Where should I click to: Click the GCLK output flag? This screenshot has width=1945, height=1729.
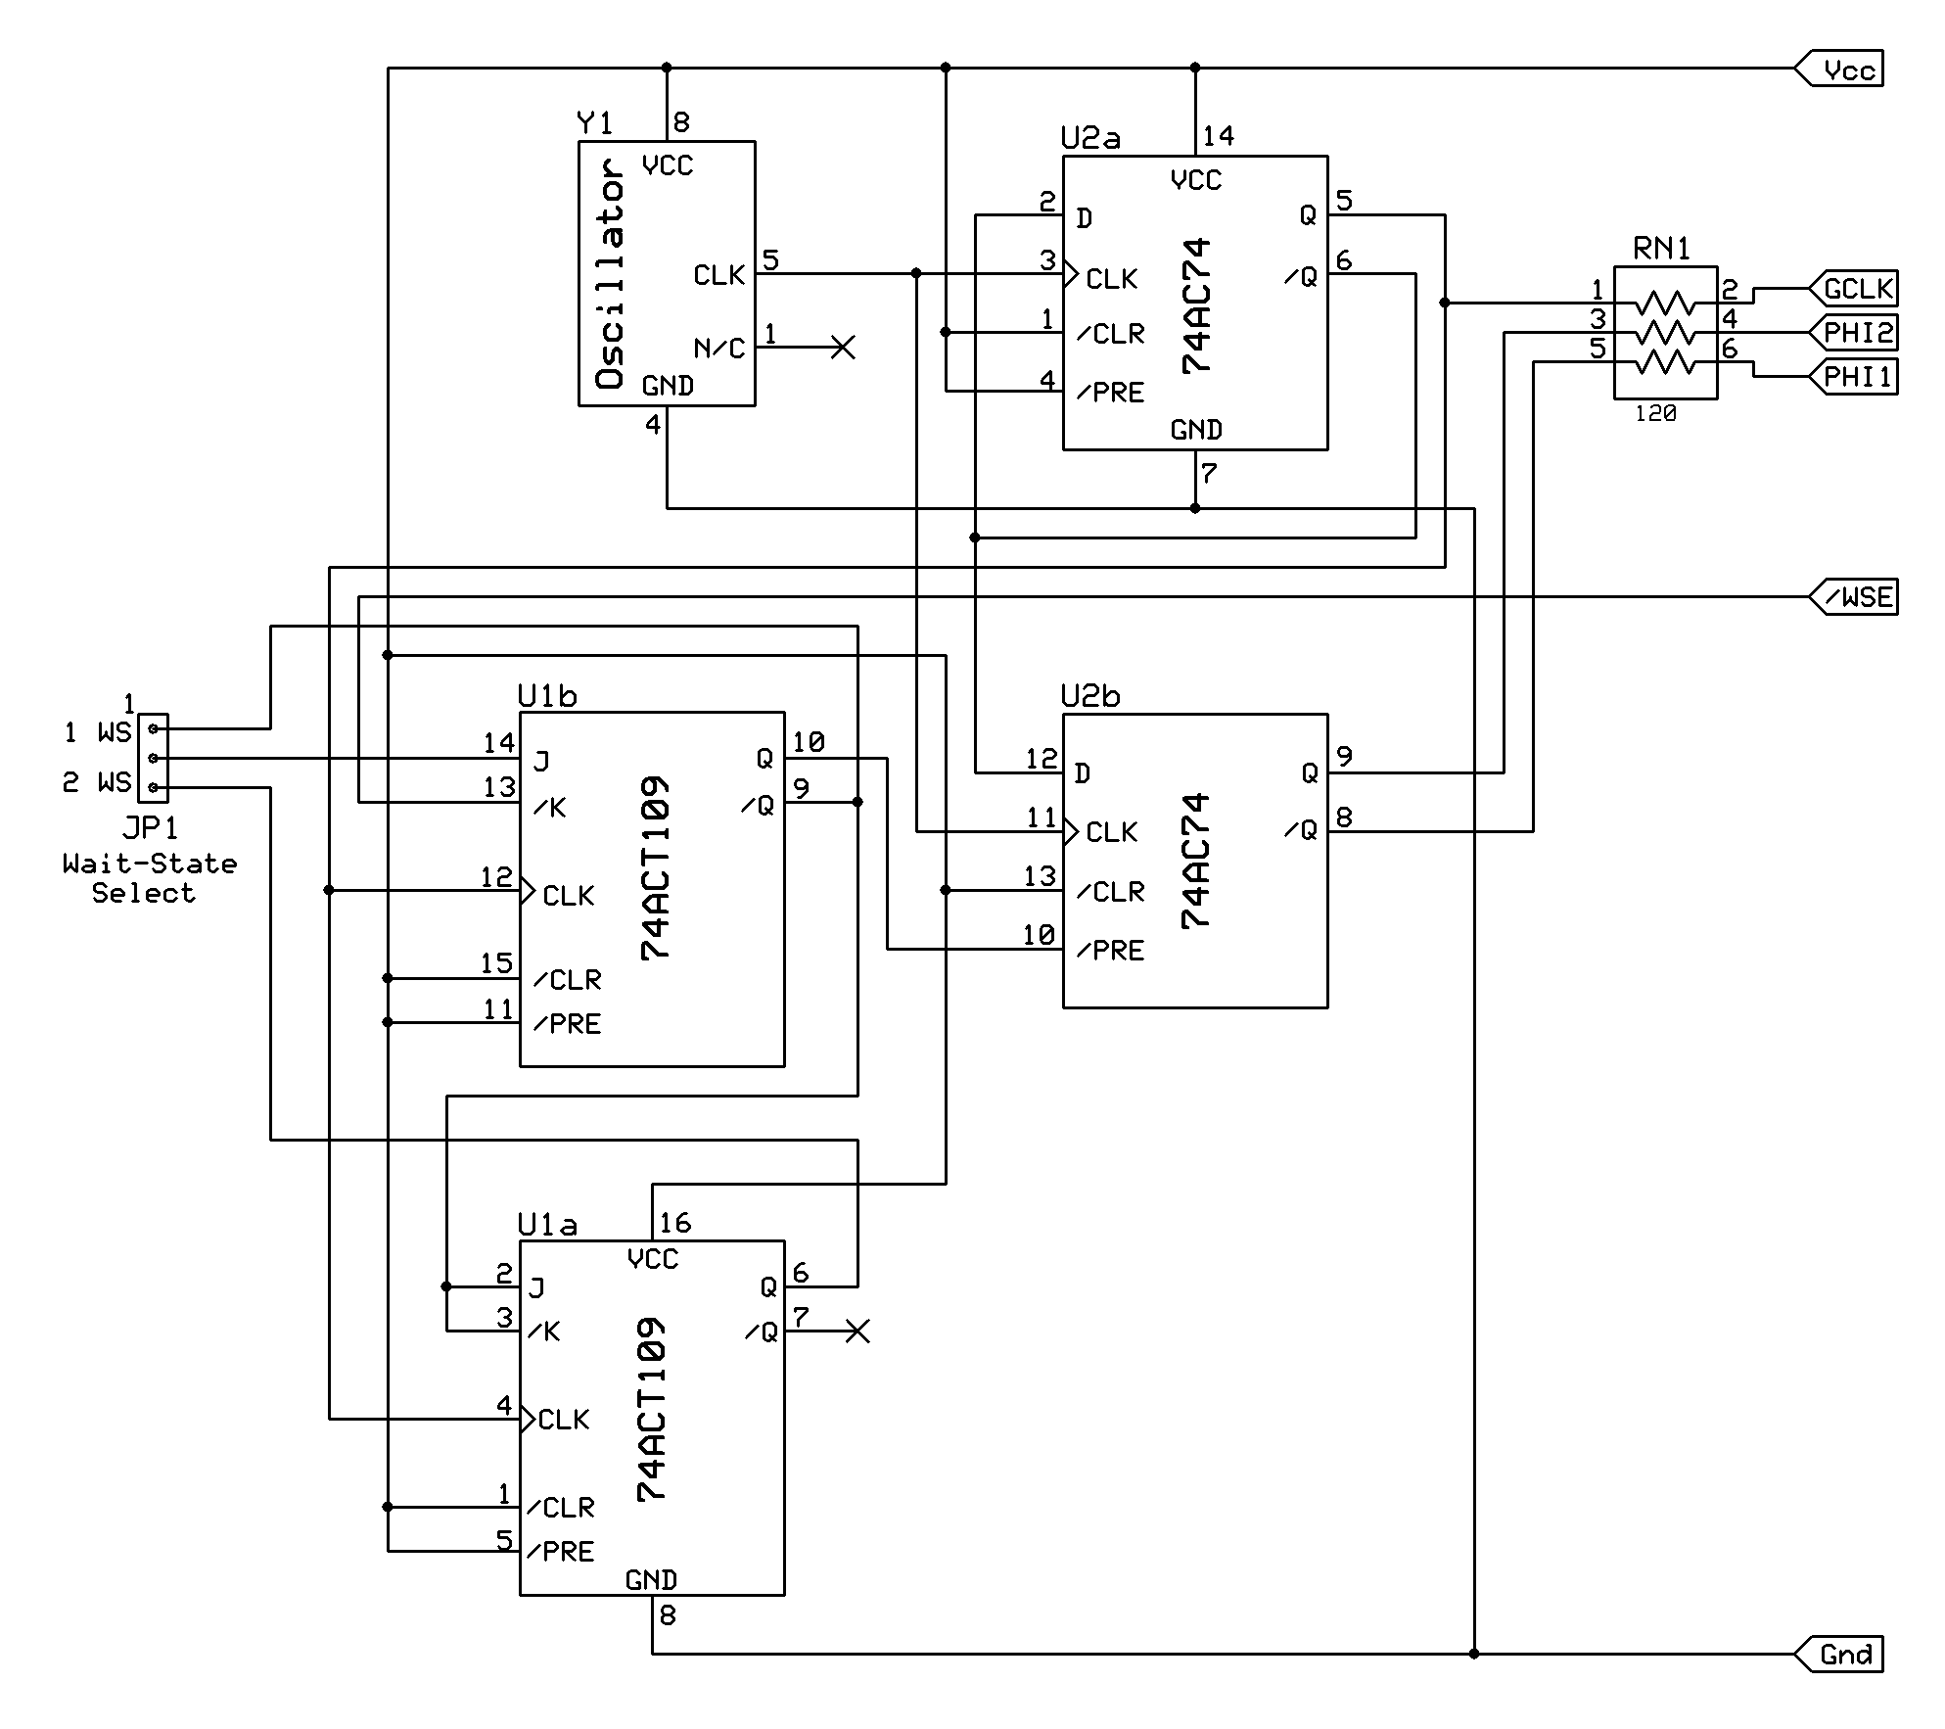click(1856, 289)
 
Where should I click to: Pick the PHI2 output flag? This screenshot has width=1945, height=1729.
click(1856, 333)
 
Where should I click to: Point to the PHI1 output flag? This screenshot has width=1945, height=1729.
click(1856, 377)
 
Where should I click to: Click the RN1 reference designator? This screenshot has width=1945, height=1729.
click(1662, 249)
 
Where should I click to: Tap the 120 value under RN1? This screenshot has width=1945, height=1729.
click(1655, 414)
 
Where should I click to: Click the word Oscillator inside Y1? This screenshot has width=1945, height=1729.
click(610, 274)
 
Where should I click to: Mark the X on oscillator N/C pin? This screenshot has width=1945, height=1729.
click(842, 348)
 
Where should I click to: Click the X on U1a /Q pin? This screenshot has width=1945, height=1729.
click(857, 1332)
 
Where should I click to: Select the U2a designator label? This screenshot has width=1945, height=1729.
click(1090, 138)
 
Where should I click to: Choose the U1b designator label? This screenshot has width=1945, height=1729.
click(547, 696)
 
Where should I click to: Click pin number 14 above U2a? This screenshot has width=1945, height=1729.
click(1218, 136)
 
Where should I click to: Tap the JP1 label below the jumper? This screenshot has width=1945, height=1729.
click(151, 828)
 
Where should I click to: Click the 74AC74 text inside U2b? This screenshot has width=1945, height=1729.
click(1196, 861)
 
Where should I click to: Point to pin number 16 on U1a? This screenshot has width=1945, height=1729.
click(675, 1223)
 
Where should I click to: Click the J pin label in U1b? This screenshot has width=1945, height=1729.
click(540, 762)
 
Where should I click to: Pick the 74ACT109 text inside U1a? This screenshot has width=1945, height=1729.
click(652, 1410)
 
